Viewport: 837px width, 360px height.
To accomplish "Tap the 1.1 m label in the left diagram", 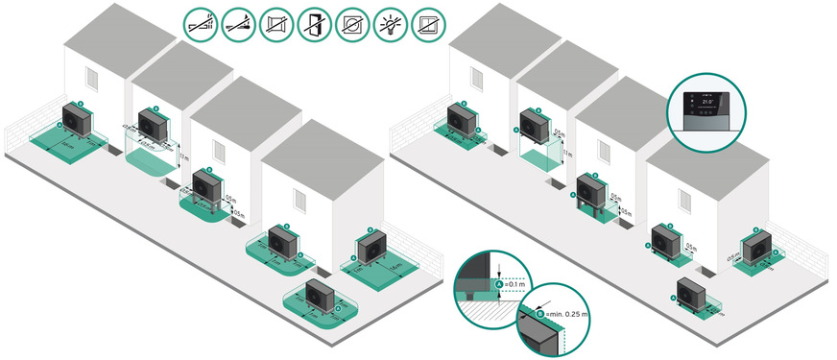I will click(x=185, y=156).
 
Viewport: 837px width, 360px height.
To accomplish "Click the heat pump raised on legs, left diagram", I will click(x=206, y=183).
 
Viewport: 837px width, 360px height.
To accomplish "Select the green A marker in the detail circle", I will click(x=498, y=285).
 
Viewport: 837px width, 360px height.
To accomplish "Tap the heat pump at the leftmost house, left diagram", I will click(x=76, y=120).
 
